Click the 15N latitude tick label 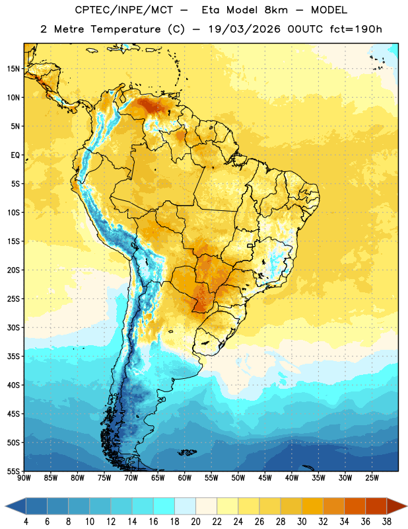click(13, 69)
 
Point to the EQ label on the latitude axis click(15, 155)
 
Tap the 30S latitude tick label click(13, 327)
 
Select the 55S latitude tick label click(13, 471)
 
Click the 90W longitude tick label click(24, 478)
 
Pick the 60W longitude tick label click(185, 478)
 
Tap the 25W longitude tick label click(372, 478)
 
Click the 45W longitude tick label click(265, 478)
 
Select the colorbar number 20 click(195, 522)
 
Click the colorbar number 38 click(386, 522)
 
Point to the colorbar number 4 click(26, 522)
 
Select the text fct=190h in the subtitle click(356, 29)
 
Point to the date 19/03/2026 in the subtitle click(244, 29)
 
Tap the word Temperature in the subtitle click(125, 30)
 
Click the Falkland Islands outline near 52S click(187, 452)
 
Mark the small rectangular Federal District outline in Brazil click(250, 245)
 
